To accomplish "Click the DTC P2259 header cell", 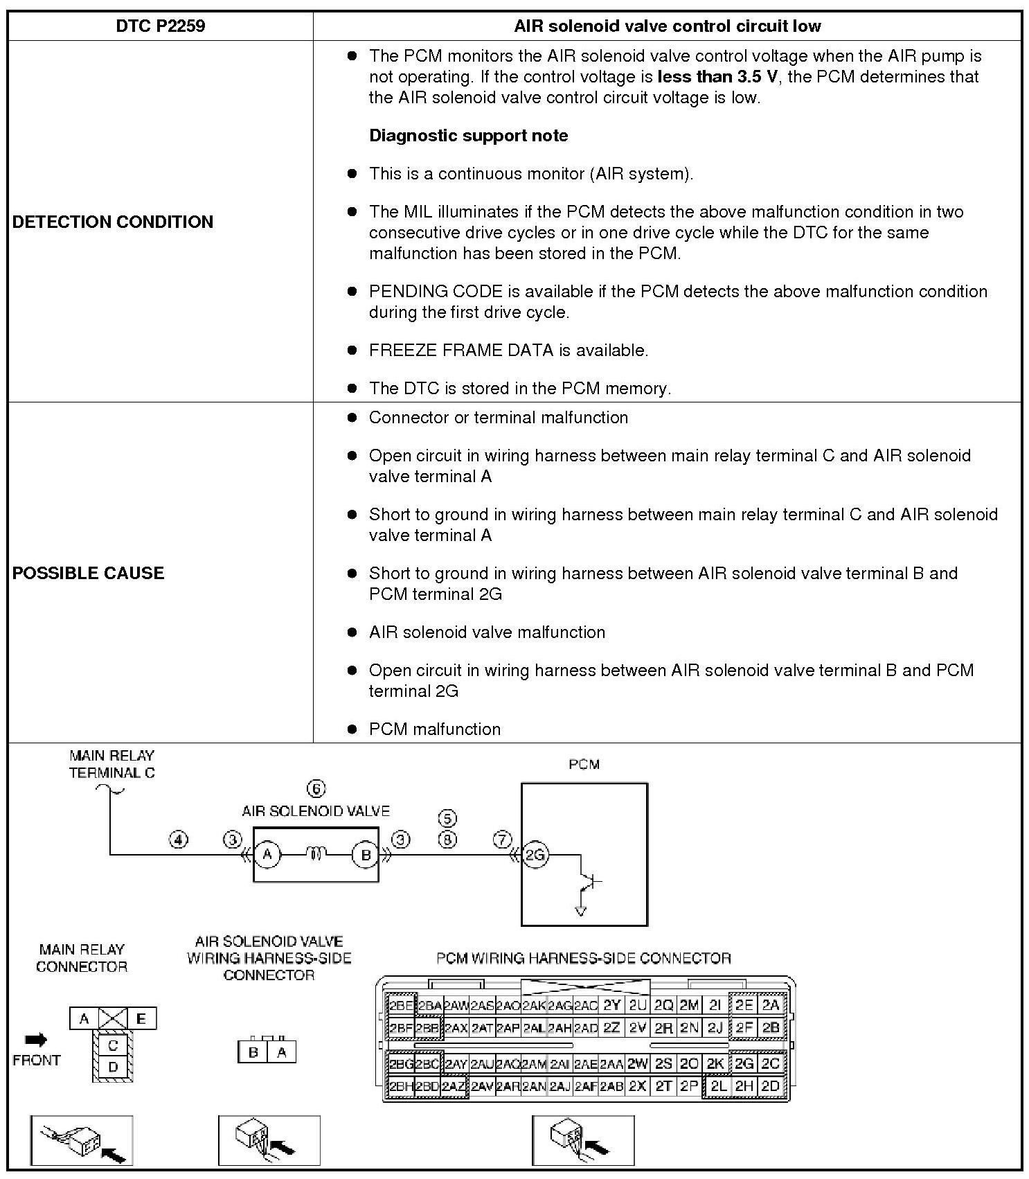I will (x=160, y=26).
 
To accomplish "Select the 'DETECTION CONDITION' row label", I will (x=113, y=222).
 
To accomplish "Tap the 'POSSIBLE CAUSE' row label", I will (x=89, y=573).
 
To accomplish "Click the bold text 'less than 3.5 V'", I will (x=717, y=76).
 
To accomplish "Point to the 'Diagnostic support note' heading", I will (x=468, y=135).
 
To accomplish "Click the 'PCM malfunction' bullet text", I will (x=434, y=729).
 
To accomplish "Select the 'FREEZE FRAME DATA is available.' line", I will (x=508, y=350).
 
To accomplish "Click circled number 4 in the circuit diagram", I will (x=179, y=840).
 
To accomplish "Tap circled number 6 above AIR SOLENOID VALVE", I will (x=316, y=789).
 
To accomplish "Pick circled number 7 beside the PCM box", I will (x=503, y=840).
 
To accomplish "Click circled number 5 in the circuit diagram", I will (x=448, y=819).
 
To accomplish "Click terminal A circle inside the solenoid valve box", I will (x=267, y=856).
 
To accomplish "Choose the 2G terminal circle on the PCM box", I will (x=535, y=856).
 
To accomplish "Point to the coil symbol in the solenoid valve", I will (x=316, y=856).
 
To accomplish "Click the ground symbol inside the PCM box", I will (x=580, y=910).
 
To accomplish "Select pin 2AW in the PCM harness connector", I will (x=456, y=1005).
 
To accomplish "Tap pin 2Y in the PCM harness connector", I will (x=611, y=1005).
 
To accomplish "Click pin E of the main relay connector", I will (x=141, y=1018).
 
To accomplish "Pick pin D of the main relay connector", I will (x=113, y=1067).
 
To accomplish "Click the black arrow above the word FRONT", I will (x=36, y=1039).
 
